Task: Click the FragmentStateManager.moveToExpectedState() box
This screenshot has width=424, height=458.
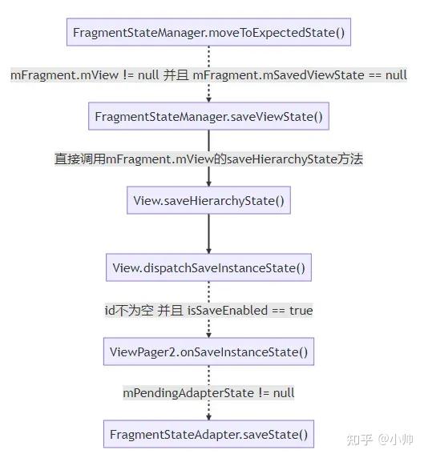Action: coord(208,32)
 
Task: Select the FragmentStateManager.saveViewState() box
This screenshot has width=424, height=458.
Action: coord(208,116)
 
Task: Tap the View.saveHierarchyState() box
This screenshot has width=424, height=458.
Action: coord(208,200)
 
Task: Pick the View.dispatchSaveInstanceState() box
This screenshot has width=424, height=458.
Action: coord(208,267)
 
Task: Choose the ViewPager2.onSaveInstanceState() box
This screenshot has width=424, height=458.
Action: coord(208,352)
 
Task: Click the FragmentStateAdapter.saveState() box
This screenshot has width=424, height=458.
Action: coord(208,434)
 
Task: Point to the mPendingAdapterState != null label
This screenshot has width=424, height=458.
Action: coord(208,393)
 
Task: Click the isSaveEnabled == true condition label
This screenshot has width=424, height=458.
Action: coord(250,310)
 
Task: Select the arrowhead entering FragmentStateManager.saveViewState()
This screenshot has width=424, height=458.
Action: coord(208,100)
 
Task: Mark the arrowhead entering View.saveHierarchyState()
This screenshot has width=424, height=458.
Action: coord(208,183)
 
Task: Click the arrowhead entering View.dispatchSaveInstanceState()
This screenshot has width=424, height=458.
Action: coord(208,251)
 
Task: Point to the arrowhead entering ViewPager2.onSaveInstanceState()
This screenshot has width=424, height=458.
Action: coord(208,335)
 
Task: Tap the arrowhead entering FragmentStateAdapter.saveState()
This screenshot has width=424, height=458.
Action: coord(208,418)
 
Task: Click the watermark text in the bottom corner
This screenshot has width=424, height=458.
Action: coord(380,440)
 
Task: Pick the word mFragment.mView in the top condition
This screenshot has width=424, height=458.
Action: coord(64,75)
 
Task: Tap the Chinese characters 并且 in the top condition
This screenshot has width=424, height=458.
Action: coord(176,75)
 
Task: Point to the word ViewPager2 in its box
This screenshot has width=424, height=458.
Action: coord(143,352)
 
